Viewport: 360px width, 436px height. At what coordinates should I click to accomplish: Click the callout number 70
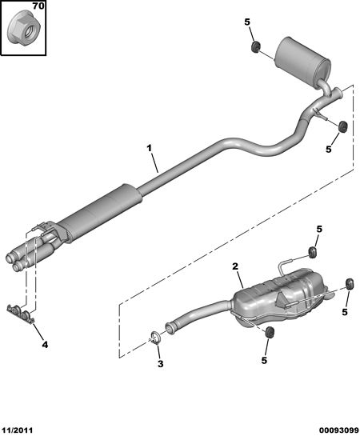[x=38, y=6]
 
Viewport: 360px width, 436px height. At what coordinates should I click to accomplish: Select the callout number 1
[x=150, y=148]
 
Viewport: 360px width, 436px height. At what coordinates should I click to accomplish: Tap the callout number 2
[x=235, y=266]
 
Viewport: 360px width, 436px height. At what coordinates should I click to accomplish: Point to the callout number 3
[x=161, y=363]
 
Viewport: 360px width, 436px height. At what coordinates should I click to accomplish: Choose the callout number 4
[x=45, y=345]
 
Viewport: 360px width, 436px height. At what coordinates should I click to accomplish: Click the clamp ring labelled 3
[x=155, y=338]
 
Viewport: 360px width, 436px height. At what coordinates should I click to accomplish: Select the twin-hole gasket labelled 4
[x=20, y=314]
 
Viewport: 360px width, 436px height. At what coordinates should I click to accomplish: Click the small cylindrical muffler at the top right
[x=302, y=58]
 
